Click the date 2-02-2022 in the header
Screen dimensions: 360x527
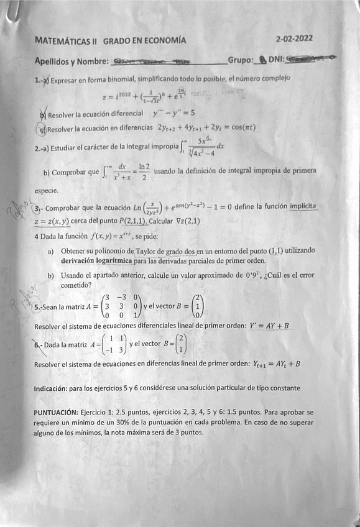point(294,38)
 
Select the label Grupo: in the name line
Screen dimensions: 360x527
point(241,60)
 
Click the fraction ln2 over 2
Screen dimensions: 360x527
point(144,171)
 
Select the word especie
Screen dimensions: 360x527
point(47,190)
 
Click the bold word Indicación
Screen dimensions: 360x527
point(53,388)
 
